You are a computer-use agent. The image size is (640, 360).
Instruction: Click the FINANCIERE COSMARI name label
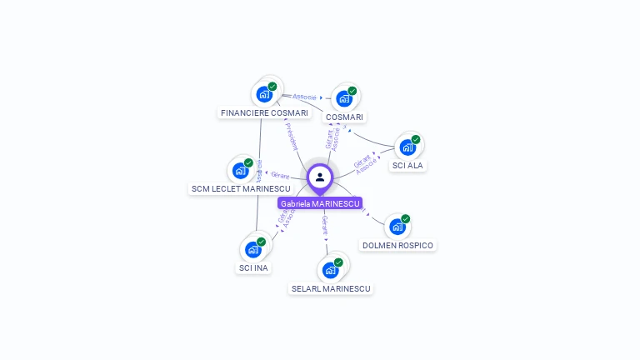point(264,112)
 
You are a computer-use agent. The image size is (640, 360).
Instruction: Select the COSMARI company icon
point(343,99)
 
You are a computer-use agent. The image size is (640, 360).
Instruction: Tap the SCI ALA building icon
point(407,147)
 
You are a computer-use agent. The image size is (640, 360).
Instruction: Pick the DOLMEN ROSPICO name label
point(398,245)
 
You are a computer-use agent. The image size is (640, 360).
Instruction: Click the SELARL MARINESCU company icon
point(330,270)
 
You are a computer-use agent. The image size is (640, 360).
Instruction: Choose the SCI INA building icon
point(253,249)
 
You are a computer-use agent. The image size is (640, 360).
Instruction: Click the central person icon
point(320,177)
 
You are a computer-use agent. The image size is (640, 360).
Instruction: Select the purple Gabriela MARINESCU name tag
point(320,203)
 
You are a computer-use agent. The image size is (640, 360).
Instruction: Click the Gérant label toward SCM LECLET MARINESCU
point(280,175)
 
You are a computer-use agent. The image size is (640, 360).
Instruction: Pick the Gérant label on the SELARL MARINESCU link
point(325,224)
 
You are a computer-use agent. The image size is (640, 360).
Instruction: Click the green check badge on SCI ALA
point(416,139)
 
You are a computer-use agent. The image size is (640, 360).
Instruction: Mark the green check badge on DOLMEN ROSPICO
point(406,218)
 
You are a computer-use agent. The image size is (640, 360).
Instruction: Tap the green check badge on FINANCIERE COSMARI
point(272,86)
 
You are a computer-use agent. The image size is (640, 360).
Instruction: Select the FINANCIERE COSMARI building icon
point(264,93)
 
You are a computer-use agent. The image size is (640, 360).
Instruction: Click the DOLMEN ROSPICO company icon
point(397,227)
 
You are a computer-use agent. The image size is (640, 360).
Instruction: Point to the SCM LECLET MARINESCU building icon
point(241,171)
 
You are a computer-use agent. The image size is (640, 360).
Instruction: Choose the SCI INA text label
point(254,268)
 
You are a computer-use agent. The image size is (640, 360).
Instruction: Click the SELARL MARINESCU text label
point(331,288)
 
